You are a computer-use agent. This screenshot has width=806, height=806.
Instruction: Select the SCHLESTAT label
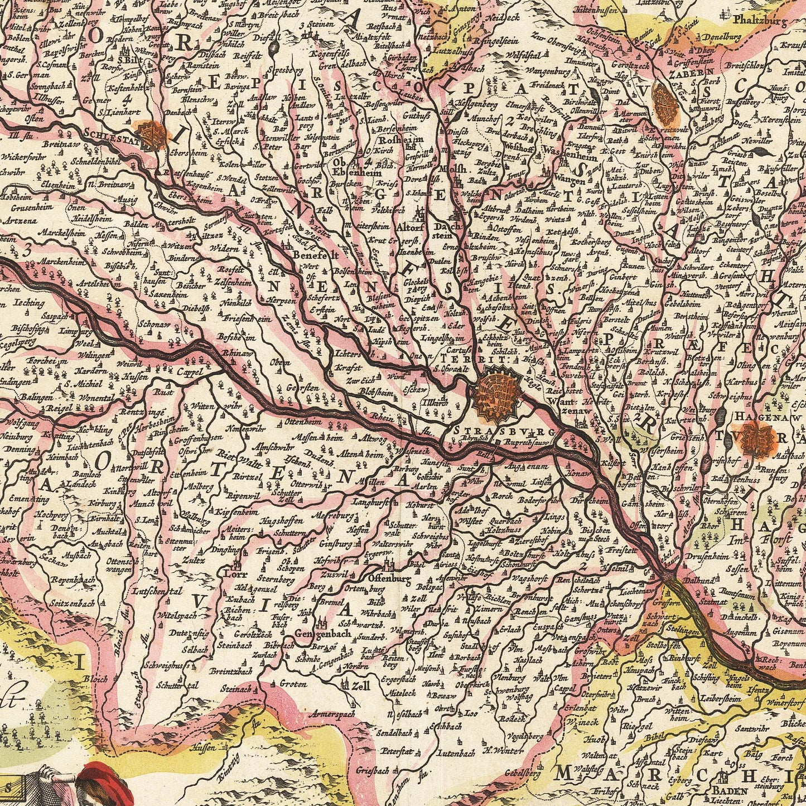[113, 134]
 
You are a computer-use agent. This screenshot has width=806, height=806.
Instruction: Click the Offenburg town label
[389, 578]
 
